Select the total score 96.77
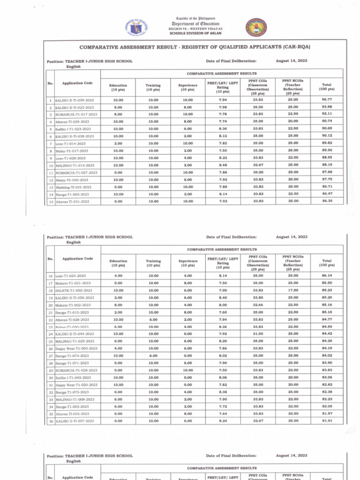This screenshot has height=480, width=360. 327,100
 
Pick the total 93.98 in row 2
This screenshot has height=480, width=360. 327,107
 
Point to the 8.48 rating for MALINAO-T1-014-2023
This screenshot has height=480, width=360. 223,165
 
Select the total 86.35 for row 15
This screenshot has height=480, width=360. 327,201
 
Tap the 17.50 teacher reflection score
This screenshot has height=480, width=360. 292,290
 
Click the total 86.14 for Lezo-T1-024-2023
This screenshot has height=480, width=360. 327,276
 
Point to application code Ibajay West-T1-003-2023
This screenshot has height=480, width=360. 77,348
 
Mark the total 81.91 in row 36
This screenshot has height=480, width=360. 327,421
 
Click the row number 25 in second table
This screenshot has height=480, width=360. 50,341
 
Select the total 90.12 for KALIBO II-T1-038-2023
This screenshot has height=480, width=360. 327,136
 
